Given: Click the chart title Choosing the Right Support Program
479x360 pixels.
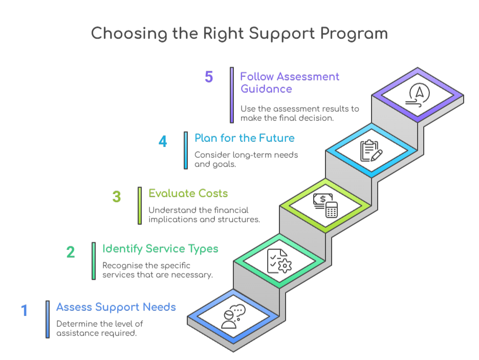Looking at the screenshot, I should [239, 34].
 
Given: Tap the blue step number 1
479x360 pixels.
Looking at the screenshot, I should [24, 311].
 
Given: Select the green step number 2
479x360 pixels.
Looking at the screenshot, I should [71, 252].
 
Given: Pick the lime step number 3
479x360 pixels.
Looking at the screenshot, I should [117, 197].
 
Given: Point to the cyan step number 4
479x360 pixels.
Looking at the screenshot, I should [163, 141].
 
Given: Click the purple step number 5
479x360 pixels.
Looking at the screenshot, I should [209, 77].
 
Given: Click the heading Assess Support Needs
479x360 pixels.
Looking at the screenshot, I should [116, 307].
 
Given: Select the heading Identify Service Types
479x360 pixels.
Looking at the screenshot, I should [160, 249].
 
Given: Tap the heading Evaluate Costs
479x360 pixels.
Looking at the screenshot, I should [188, 194].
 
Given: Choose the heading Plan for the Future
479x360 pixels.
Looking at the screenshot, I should [244, 138].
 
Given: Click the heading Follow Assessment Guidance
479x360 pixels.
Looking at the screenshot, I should [290, 82].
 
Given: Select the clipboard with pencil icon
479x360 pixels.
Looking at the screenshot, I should [371, 151].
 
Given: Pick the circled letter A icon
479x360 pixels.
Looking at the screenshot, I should [418, 95].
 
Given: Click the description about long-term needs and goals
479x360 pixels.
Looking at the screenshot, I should [246, 160].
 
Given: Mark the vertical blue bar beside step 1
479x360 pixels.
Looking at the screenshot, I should [48, 319].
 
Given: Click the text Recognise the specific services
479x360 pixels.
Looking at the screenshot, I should [157, 270].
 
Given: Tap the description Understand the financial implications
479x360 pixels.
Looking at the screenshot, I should [204, 215].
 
